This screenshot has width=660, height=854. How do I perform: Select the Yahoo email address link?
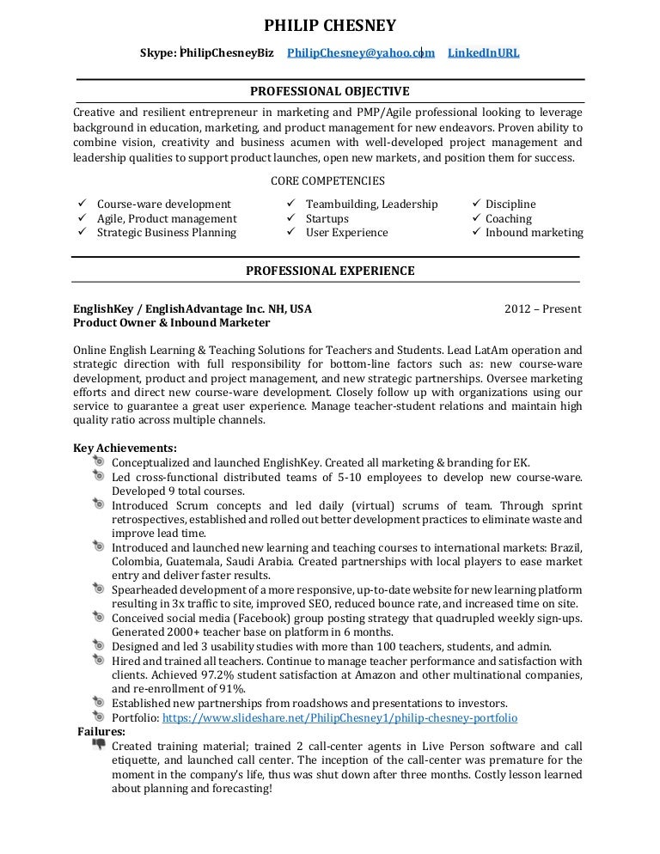(x=361, y=53)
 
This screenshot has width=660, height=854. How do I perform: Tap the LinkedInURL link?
(x=483, y=53)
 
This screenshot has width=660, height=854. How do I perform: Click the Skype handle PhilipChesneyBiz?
(x=226, y=53)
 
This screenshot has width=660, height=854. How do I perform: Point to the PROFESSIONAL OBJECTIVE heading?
(x=329, y=91)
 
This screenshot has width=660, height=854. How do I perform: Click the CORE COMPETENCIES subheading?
(x=327, y=181)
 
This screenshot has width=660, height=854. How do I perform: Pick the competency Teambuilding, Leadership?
(x=372, y=204)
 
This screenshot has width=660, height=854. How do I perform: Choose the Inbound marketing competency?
(x=534, y=233)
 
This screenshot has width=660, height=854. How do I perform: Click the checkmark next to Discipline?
(x=477, y=204)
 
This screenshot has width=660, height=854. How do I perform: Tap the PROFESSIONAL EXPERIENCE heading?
(x=330, y=271)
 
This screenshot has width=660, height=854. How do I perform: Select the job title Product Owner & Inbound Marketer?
(x=172, y=323)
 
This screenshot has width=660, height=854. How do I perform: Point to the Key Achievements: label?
(x=125, y=448)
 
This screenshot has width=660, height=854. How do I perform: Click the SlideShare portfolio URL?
(x=339, y=717)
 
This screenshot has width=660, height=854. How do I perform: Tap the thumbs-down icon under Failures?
(x=100, y=745)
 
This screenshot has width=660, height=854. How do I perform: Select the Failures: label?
(x=101, y=732)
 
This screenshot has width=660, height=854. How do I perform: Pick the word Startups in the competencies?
(x=327, y=219)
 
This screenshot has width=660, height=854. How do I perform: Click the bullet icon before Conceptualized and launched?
(x=100, y=462)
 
